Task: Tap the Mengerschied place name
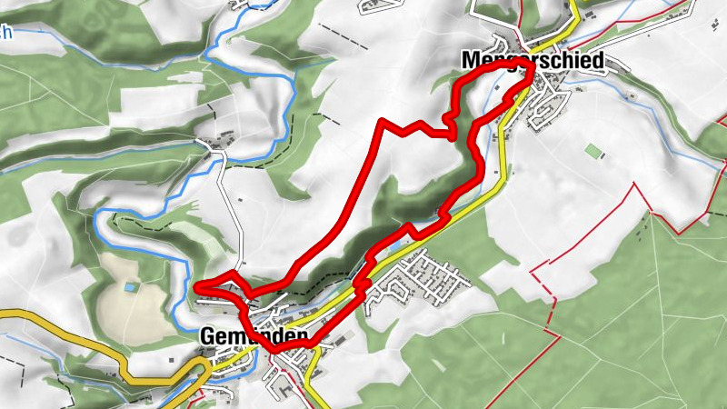(533, 61)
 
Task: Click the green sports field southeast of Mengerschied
(593, 150)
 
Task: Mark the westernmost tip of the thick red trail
(197, 288)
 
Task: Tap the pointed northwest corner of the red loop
(383, 121)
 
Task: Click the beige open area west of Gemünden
(118, 304)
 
